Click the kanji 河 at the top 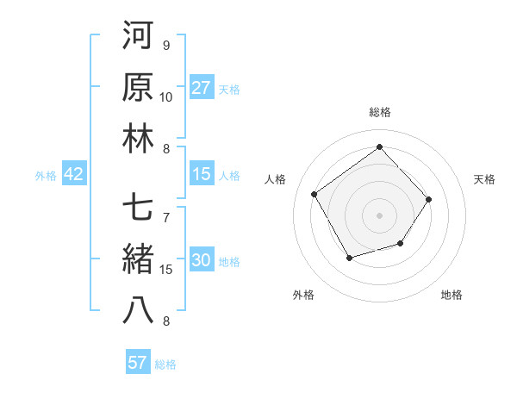[x=139, y=37]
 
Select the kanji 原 [x=139, y=89]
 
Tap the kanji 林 [x=139, y=140]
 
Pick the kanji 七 [x=139, y=208]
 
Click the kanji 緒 [x=139, y=259]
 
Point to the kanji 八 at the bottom [x=139, y=311]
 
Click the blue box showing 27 [x=202, y=88]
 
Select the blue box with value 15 [x=202, y=174]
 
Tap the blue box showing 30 [x=202, y=261]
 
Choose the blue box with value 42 [x=74, y=174]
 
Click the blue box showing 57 [x=138, y=363]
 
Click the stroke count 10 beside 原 [x=166, y=97]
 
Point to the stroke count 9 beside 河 [x=166, y=45]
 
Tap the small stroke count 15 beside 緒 [x=166, y=269]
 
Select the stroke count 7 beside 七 [x=166, y=216]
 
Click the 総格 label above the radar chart [x=379, y=112]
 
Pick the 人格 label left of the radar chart [x=276, y=179]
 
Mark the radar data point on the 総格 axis [x=379, y=146]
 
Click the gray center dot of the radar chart [x=379, y=214]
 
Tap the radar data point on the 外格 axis [x=349, y=258]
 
